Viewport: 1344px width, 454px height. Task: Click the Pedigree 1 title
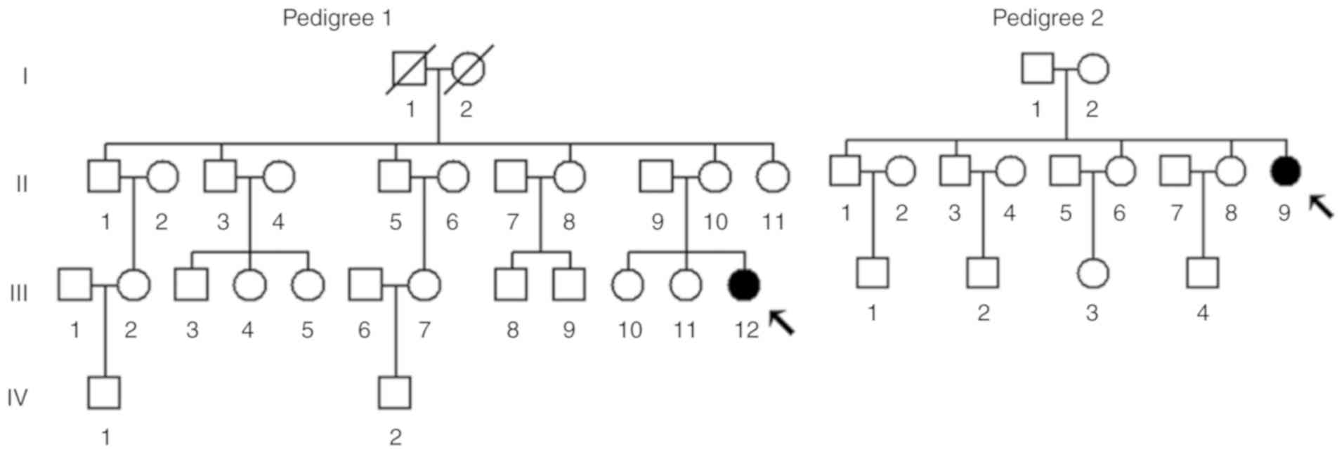(x=337, y=18)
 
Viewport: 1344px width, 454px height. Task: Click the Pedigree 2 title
(x=1047, y=18)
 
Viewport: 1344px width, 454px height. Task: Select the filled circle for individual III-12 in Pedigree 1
(x=744, y=285)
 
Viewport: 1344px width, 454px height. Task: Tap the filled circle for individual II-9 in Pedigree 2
(x=1286, y=171)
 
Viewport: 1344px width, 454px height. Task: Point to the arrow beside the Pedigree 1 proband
(x=782, y=323)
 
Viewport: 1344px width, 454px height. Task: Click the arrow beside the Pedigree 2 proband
(x=1321, y=206)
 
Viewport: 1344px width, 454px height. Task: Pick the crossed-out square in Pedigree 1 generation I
(x=410, y=69)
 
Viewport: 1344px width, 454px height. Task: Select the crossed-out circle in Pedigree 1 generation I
(x=468, y=69)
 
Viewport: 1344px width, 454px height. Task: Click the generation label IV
(x=18, y=398)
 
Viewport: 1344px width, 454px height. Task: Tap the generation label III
(x=19, y=293)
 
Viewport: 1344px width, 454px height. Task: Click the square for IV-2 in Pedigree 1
(x=395, y=393)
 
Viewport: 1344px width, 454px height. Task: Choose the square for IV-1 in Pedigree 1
(x=104, y=393)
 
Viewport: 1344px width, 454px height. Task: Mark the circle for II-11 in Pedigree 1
(x=773, y=177)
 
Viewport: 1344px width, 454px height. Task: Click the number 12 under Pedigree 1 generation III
(x=746, y=330)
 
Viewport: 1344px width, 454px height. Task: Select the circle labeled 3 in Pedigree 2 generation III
(x=1092, y=273)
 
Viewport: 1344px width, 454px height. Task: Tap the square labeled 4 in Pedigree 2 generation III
(x=1202, y=273)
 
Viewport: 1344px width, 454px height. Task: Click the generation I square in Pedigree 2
(x=1037, y=69)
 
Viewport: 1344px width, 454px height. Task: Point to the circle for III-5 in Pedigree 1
(x=308, y=285)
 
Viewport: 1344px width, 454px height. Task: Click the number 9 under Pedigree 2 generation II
(x=1284, y=213)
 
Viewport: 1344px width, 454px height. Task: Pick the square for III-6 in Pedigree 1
(x=365, y=285)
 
